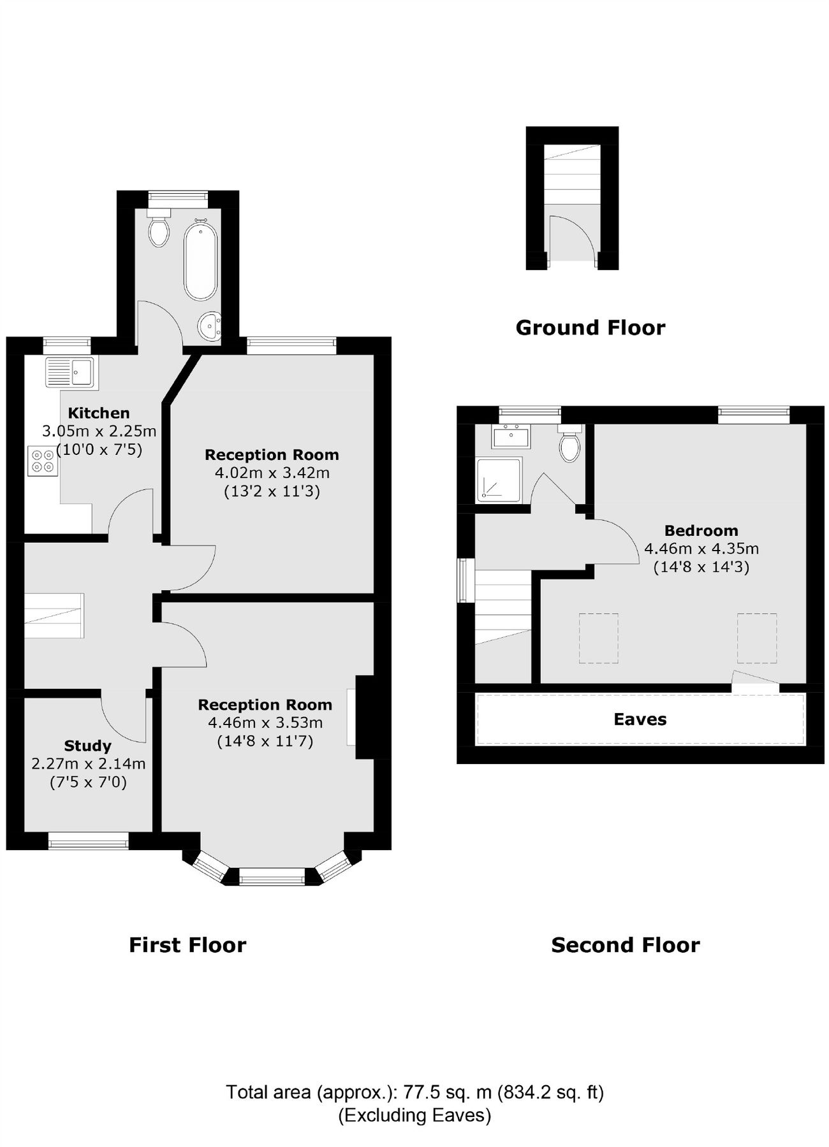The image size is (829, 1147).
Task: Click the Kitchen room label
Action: click(99, 413)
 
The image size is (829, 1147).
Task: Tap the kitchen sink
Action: click(70, 372)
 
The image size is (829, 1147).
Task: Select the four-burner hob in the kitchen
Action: click(43, 461)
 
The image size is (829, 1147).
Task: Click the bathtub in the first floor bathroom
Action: click(200, 261)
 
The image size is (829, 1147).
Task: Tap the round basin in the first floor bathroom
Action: click(210, 327)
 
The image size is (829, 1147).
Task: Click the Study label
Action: click(87, 746)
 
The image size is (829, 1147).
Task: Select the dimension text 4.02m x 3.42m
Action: click(272, 473)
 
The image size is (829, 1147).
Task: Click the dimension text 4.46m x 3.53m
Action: click(265, 723)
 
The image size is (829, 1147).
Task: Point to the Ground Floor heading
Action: click(590, 328)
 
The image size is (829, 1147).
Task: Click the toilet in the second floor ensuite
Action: click(569, 444)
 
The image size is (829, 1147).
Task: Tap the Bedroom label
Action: click(701, 530)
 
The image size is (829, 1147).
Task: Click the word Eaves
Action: click(640, 719)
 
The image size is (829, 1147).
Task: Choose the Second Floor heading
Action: click(625, 944)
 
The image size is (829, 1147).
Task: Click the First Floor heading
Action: click(187, 944)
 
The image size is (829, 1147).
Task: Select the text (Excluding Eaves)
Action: click(414, 1115)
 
